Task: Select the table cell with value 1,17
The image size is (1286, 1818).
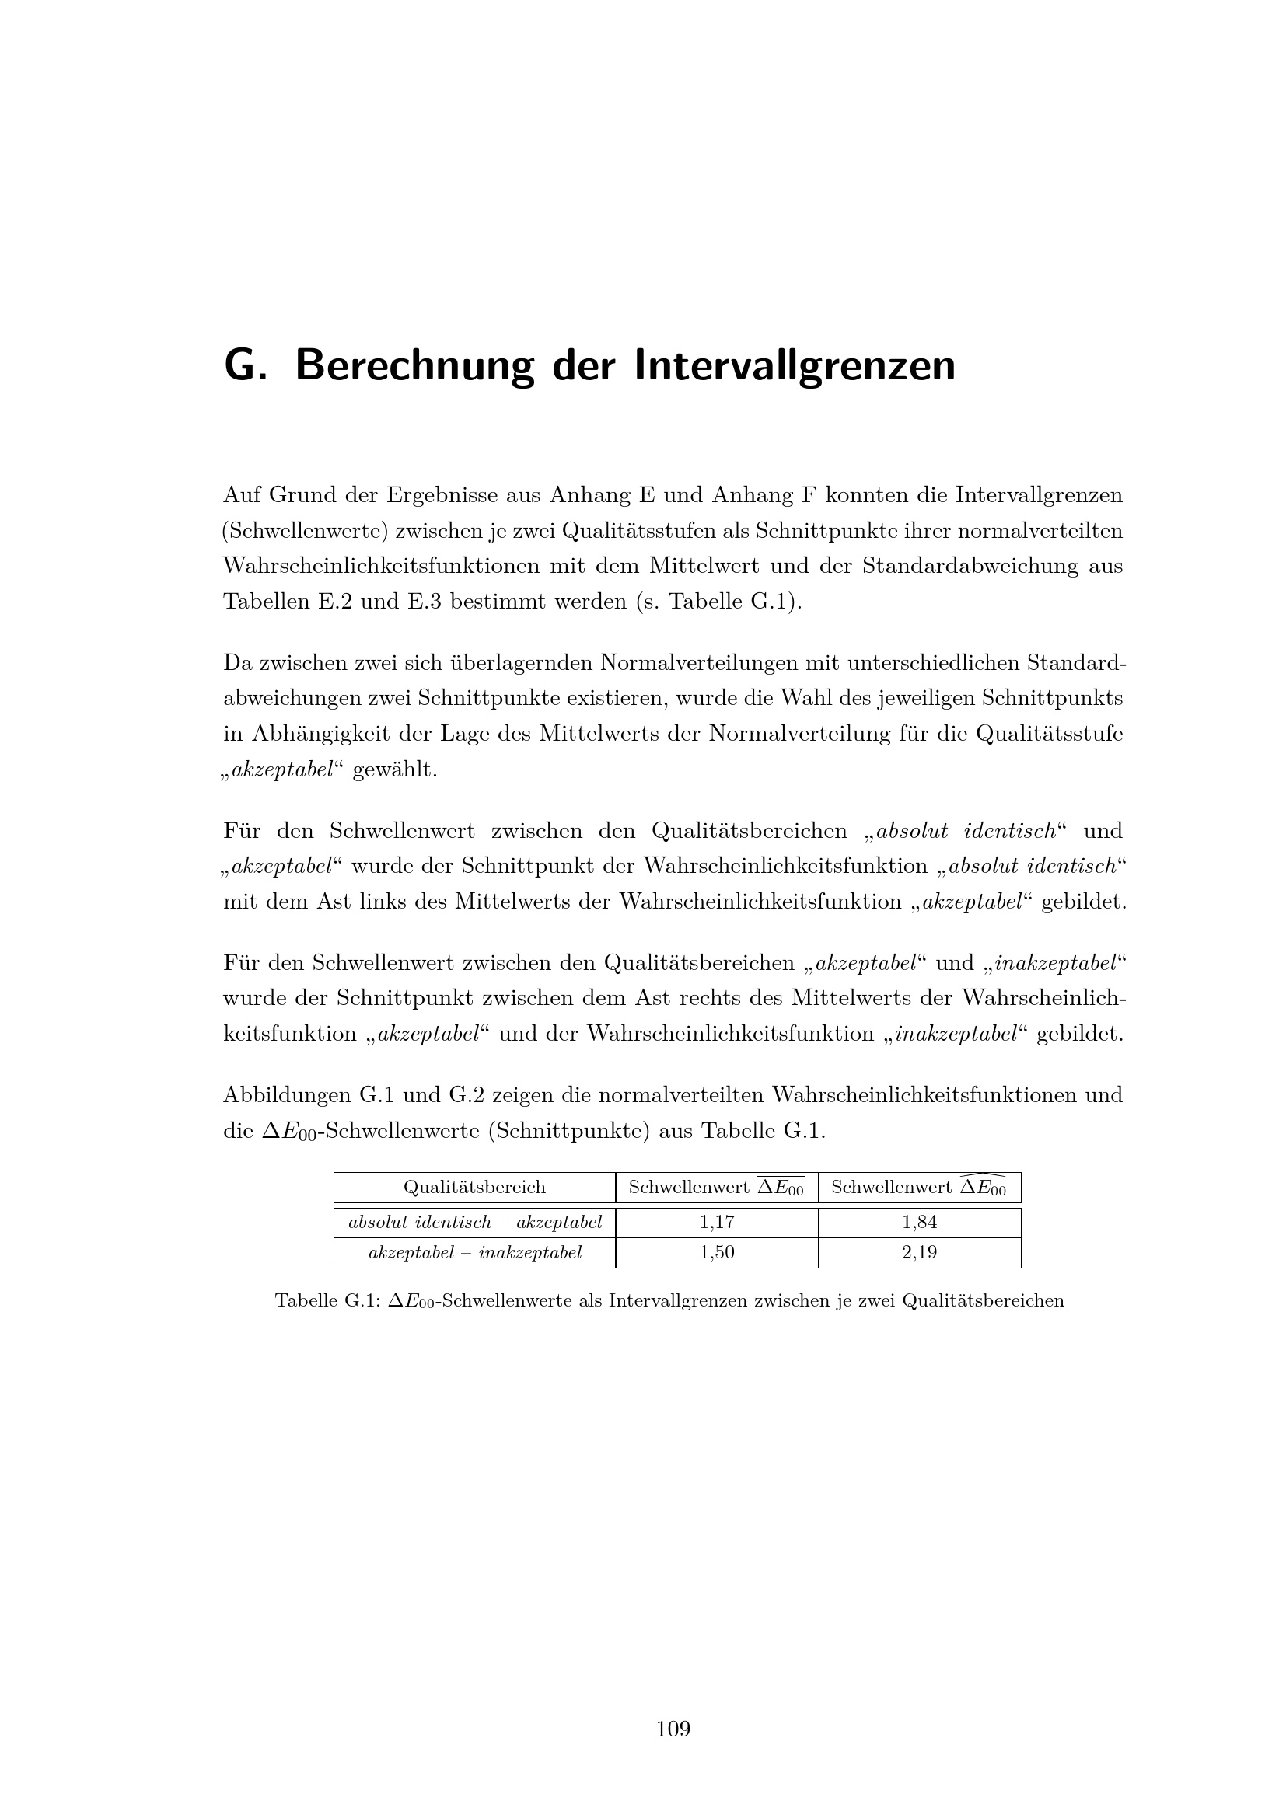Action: click(x=717, y=1222)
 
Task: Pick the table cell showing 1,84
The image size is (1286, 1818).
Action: click(x=919, y=1222)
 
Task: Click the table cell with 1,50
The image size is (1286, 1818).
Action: click(x=717, y=1252)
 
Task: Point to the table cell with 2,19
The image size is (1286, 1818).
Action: click(x=919, y=1252)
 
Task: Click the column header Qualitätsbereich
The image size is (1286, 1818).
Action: click(x=474, y=1187)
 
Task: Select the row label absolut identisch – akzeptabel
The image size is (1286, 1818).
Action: click(x=475, y=1222)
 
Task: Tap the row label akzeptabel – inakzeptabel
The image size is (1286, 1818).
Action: click(x=475, y=1252)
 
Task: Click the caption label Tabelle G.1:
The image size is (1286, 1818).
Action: click(x=327, y=1301)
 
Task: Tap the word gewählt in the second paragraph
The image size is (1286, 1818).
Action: click(x=394, y=769)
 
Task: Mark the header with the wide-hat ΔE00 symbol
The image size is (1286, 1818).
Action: click(x=919, y=1187)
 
